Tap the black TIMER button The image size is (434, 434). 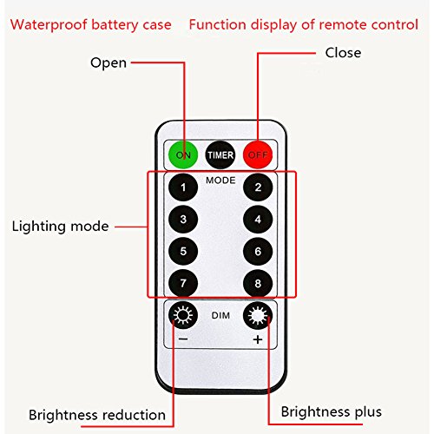(x=220, y=155)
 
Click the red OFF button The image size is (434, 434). (x=258, y=155)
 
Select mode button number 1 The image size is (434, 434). (x=183, y=187)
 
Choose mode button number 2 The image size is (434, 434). (x=258, y=187)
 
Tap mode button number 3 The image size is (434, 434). (x=183, y=219)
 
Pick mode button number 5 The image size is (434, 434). (x=183, y=251)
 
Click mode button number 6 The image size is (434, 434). (x=258, y=251)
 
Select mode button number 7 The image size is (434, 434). (x=183, y=283)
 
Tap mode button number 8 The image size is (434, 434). (x=258, y=283)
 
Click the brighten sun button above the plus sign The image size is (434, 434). (x=258, y=315)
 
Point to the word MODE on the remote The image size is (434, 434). (x=220, y=181)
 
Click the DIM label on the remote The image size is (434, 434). (x=220, y=315)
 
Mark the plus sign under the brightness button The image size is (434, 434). (x=258, y=339)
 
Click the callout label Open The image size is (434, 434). (x=108, y=63)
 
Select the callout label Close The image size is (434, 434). (x=343, y=53)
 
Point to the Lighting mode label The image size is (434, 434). (x=60, y=227)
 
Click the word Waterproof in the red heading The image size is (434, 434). (x=49, y=25)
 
